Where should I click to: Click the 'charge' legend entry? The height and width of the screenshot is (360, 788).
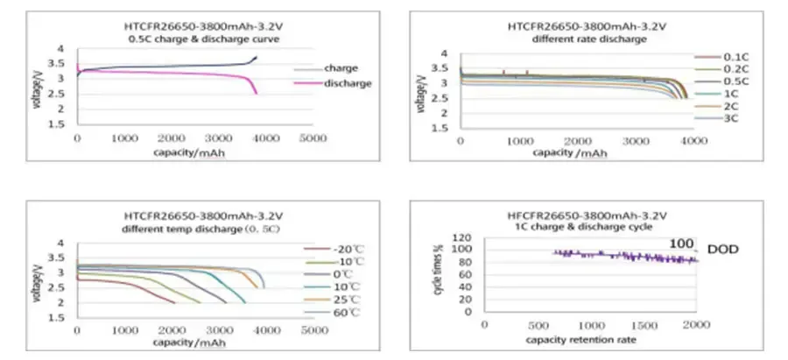pyautogui.click(x=338, y=67)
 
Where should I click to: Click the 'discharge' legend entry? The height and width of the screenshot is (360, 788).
pyautogui.click(x=346, y=83)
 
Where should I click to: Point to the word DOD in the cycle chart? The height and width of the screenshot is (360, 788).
pyautogui.click(x=722, y=250)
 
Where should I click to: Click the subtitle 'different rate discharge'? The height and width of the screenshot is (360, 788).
pyautogui.click(x=577, y=39)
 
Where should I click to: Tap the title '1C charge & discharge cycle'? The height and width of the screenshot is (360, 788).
pyautogui.click(x=577, y=228)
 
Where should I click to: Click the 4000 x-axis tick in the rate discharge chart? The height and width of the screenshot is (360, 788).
pyautogui.click(x=693, y=140)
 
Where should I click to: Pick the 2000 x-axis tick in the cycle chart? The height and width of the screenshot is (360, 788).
pyautogui.click(x=696, y=325)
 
